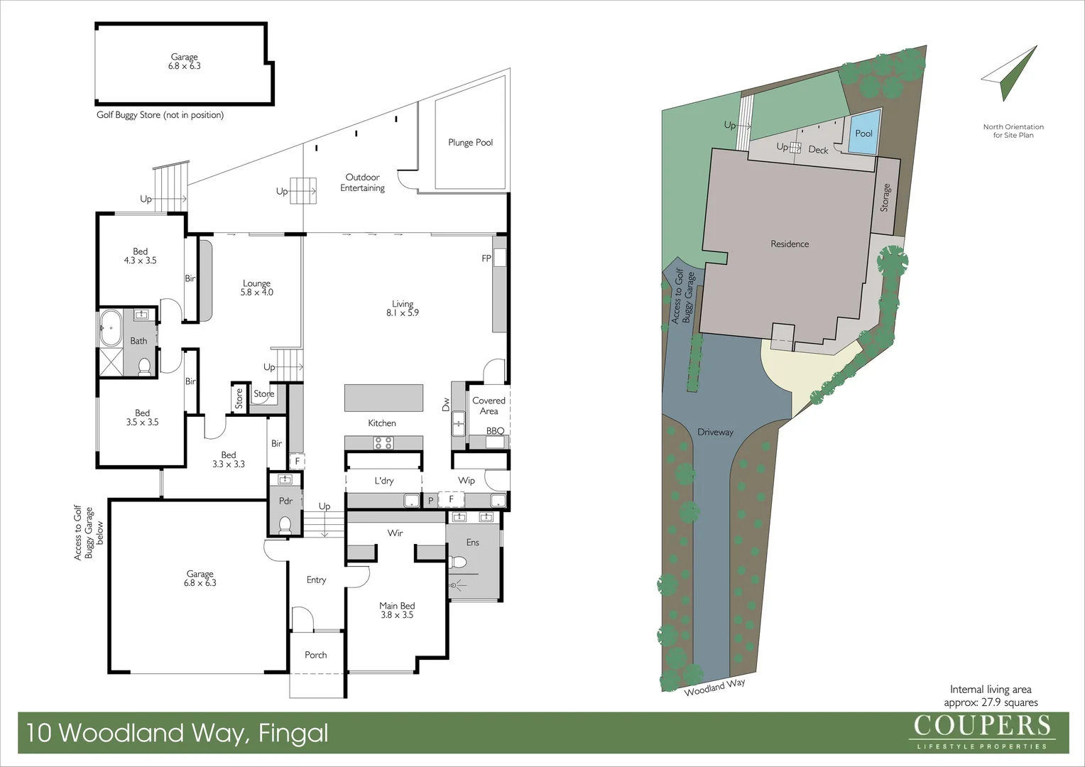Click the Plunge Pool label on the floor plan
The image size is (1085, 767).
[x=470, y=143]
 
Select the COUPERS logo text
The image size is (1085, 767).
[x=981, y=726]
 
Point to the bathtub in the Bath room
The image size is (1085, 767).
[x=111, y=327]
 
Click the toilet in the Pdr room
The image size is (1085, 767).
[x=285, y=525]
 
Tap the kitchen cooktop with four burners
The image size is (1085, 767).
[x=383, y=443]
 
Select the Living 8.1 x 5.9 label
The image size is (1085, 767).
[x=403, y=308]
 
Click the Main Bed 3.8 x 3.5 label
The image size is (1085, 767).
[x=397, y=610]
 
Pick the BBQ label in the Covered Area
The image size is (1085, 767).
[x=495, y=431]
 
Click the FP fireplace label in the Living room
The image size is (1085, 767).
[x=486, y=259]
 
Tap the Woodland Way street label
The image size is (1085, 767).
[x=714, y=687]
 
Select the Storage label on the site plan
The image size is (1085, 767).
[x=885, y=197]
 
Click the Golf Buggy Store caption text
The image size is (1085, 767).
[x=160, y=115]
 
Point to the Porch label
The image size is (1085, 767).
[x=316, y=655]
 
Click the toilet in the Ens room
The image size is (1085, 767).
[x=458, y=562]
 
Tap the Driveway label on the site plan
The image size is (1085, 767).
[x=715, y=432]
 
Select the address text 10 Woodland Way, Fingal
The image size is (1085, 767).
[x=178, y=733]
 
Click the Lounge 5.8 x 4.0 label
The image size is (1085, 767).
[x=256, y=288]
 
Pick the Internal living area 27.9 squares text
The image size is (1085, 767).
[x=991, y=696]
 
